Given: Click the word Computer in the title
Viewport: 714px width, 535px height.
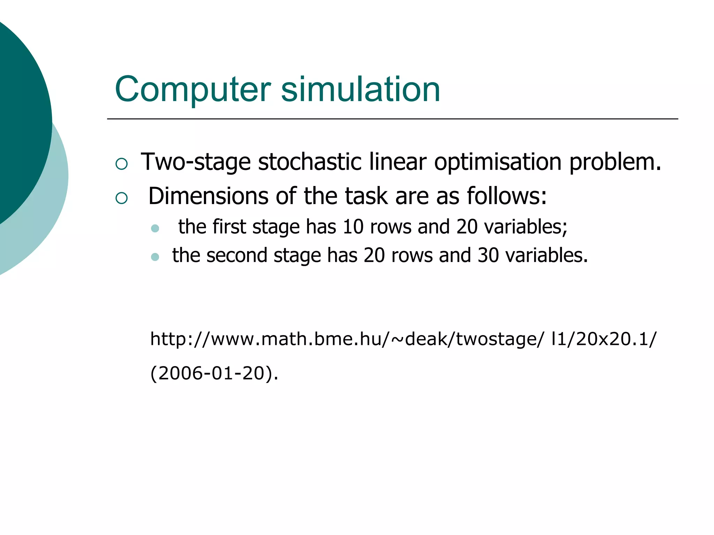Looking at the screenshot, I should (192, 90).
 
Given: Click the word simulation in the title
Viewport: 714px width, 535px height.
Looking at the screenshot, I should (360, 90).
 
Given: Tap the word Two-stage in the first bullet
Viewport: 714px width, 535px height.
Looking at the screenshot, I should (196, 162).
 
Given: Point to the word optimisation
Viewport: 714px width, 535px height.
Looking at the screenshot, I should (497, 162).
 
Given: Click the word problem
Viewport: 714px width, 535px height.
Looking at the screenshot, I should (615, 163).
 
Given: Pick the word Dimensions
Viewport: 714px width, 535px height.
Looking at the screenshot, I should (208, 196).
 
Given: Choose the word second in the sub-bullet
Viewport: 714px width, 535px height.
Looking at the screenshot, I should (237, 255).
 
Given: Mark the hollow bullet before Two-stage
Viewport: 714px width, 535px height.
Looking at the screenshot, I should (121, 164).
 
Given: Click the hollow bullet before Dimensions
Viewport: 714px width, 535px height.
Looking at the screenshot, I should (121, 198).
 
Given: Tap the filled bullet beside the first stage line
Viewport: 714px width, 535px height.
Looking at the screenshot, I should (155, 229).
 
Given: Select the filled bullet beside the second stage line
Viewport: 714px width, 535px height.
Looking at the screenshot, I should (155, 257).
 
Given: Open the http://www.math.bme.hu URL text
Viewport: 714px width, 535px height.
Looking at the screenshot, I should (403, 339).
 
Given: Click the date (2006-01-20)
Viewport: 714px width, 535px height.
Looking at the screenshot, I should (214, 373).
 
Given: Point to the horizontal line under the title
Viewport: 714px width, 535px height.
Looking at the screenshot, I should (392, 119).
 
